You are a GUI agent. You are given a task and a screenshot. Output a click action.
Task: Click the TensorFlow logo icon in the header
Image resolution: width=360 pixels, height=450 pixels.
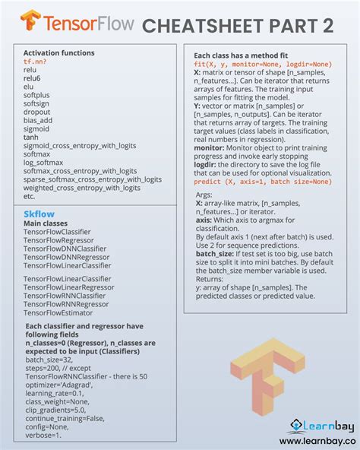(x=30, y=20)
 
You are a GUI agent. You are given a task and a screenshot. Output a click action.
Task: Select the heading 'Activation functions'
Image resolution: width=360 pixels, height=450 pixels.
(x=59, y=52)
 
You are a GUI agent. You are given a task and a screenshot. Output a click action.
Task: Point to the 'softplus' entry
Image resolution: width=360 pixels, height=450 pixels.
(x=37, y=95)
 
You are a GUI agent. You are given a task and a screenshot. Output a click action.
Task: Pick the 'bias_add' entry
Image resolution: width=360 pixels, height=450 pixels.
(x=39, y=120)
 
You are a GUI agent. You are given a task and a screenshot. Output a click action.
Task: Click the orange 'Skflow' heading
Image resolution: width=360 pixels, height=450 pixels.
(x=39, y=214)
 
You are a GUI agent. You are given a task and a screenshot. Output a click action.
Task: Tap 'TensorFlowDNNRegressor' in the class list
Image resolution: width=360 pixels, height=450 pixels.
(x=67, y=257)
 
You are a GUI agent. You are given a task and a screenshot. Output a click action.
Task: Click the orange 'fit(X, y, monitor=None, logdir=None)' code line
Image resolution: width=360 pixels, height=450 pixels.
(x=262, y=64)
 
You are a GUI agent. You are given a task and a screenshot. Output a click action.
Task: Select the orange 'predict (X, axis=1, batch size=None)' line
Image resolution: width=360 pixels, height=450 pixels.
(x=262, y=182)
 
